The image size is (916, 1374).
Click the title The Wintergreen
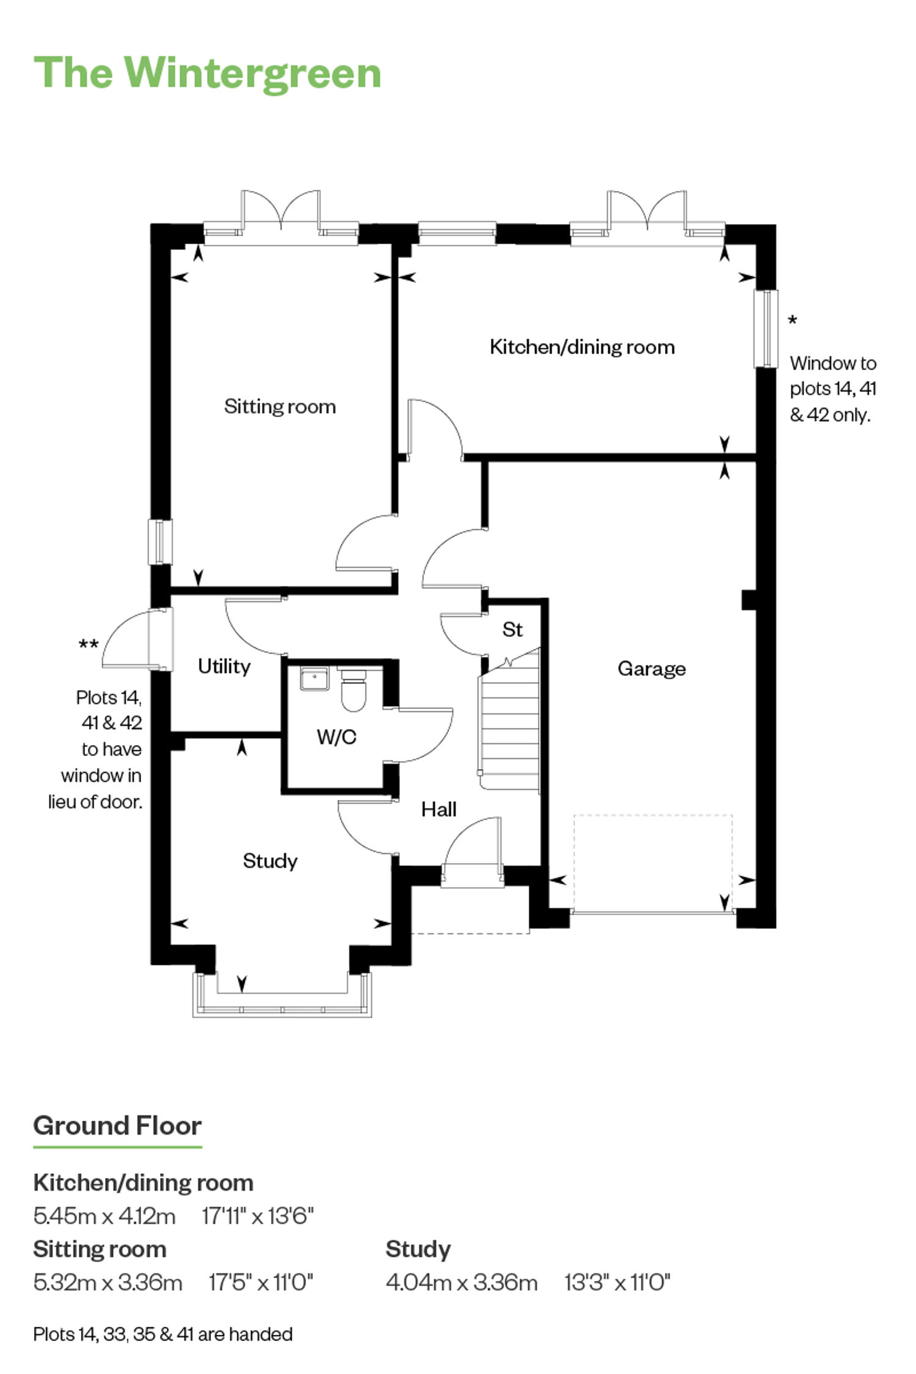click(208, 73)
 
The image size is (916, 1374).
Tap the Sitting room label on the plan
click(280, 406)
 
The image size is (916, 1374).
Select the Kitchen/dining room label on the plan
click(582, 347)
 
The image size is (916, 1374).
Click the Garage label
click(652, 669)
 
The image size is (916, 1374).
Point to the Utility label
click(224, 666)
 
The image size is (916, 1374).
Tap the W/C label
click(336, 737)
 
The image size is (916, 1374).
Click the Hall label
click(439, 809)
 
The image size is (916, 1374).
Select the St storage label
click(512, 629)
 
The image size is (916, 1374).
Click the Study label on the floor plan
click(270, 861)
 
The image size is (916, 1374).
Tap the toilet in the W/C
click(353, 690)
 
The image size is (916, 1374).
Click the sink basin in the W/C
click(314, 678)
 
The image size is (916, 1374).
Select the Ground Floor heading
click(117, 1125)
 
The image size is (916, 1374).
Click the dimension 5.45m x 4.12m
click(104, 1216)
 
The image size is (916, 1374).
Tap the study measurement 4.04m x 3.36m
click(462, 1282)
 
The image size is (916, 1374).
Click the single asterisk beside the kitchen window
click(793, 320)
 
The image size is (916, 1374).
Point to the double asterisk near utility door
click(89, 644)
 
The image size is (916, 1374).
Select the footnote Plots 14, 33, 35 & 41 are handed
click(163, 1334)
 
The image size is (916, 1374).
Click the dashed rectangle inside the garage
click(653, 815)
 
